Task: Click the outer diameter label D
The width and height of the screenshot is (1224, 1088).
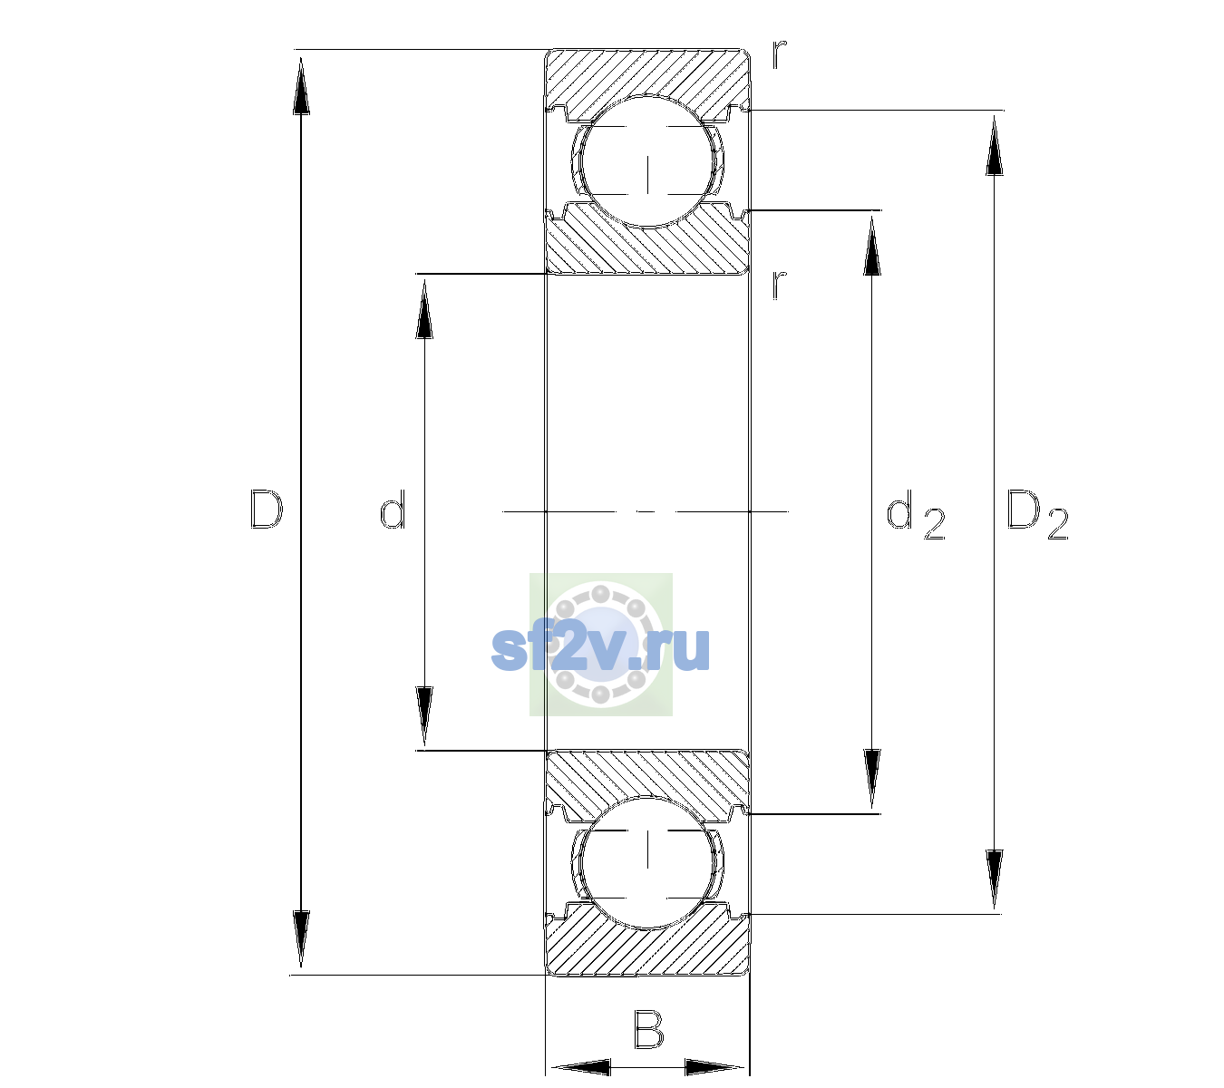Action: click(x=267, y=510)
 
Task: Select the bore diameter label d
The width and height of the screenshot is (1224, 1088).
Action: click(x=393, y=509)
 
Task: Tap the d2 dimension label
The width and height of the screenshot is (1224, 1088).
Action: click(x=916, y=515)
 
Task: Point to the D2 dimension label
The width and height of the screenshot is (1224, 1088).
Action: click(x=1037, y=515)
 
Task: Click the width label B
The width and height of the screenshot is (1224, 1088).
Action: click(x=648, y=1028)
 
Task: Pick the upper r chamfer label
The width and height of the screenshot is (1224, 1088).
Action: click(x=780, y=55)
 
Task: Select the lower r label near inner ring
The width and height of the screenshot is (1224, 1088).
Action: click(x=780, y=285)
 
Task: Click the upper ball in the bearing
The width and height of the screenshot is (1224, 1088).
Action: click(x=647, y=162)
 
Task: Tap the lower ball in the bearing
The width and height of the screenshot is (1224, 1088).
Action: click(x=647, y=861)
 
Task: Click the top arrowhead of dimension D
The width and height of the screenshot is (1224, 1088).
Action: click(x=301, y=85)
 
